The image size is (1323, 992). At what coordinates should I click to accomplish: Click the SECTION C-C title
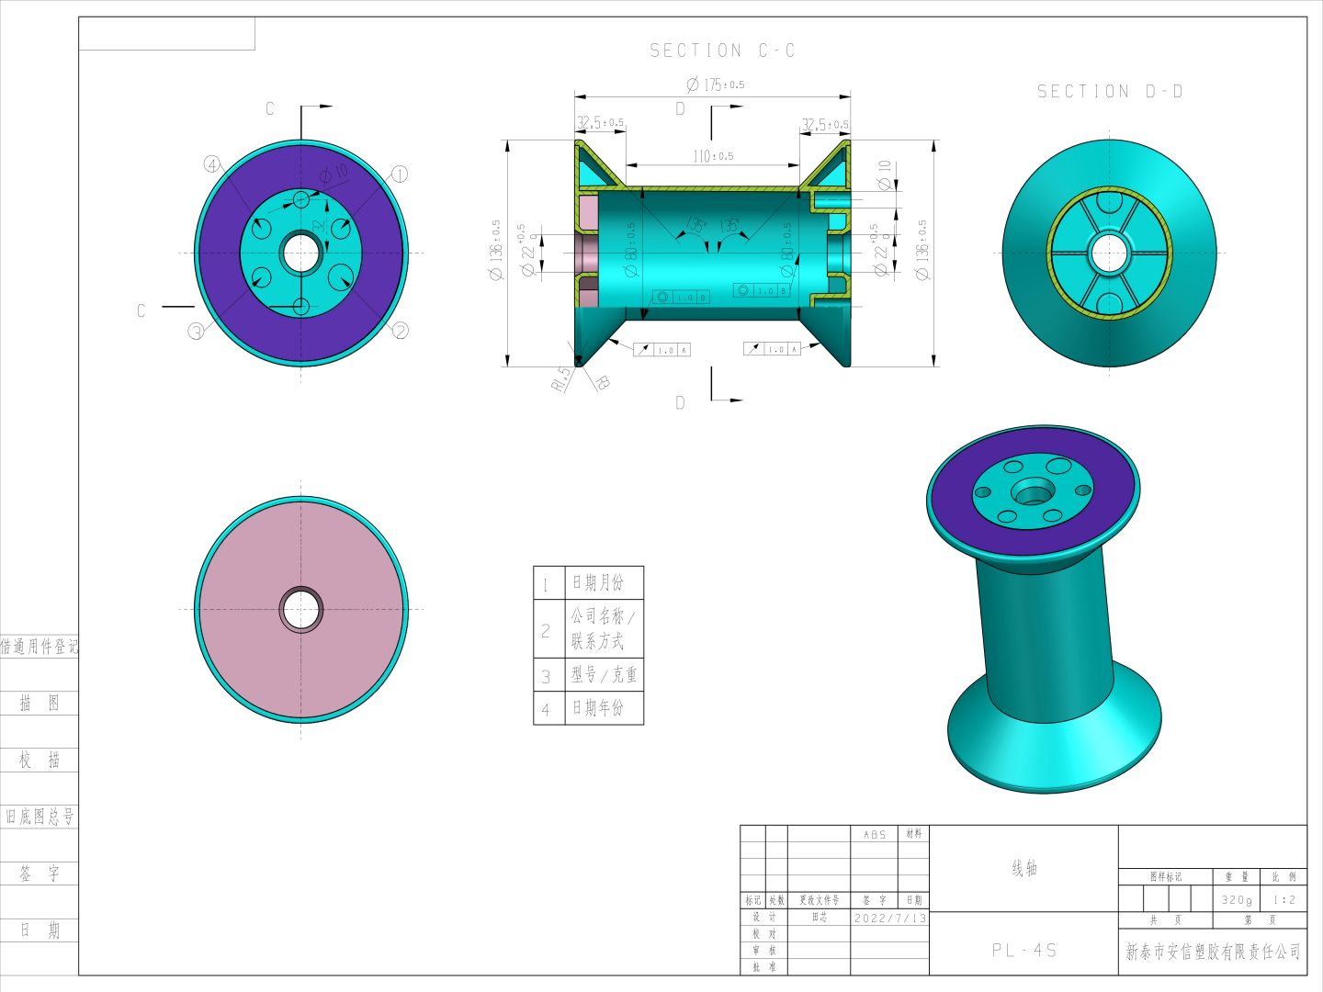point(722,51)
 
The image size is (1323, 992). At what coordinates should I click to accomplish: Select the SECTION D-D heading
point(1110,91)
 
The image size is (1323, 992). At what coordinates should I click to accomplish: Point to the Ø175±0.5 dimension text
point(716,85)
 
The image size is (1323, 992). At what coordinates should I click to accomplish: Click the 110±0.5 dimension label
point(713,156)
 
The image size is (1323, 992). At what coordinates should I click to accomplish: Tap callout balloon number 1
point(400,174)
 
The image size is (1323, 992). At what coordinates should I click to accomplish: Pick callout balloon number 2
point(400,331)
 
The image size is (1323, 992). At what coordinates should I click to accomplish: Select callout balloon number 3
point(197,332)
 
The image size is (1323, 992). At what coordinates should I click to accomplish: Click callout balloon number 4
point(212,164)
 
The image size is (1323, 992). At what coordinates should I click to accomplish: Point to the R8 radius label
point(602,382)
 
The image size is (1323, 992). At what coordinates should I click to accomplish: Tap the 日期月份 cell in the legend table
point(598,582)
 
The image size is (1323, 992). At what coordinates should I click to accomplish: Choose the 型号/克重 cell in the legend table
point(604,674)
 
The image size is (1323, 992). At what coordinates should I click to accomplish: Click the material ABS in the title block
point(875,834)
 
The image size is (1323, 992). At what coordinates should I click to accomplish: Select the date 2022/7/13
point(889,918)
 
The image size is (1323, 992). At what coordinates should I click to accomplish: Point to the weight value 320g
point(1237,899)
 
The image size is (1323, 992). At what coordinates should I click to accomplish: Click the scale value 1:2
point(1284,899)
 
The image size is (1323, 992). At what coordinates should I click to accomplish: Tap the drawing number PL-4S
point(1024,950)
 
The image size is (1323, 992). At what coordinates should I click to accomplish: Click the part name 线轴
point(1024,868)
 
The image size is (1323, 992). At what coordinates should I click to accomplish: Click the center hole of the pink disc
point(301,609)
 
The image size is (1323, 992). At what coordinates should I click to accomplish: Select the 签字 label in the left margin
point(40,874)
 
